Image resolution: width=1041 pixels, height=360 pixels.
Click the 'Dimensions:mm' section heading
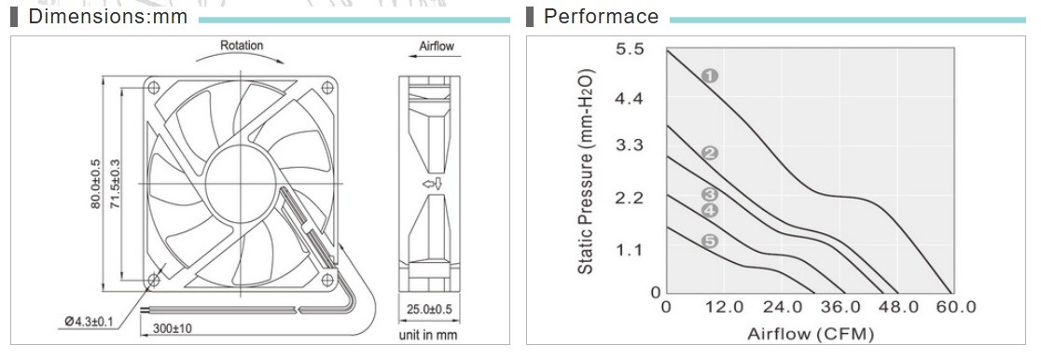click(x=107, y=17)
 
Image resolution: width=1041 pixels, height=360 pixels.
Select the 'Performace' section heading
click(x=601, y=17)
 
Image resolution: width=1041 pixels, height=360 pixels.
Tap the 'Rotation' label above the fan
click(x=242, y=45)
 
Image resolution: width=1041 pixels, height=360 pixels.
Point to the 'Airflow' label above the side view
click(x=437, y=47)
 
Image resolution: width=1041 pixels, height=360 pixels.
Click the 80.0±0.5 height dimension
click(x=95, y=184)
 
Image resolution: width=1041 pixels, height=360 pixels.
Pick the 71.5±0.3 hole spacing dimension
click(x=114, y=184)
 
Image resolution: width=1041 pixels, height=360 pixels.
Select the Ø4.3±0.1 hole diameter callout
click(x=89, y=322)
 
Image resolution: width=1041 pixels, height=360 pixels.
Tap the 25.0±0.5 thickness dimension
click(x=429, y=309)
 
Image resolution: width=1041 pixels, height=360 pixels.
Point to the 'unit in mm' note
click(x=428, y=336)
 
